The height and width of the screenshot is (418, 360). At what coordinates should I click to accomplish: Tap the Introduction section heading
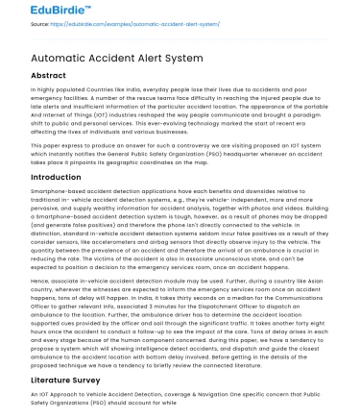click(x=42, y=178)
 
